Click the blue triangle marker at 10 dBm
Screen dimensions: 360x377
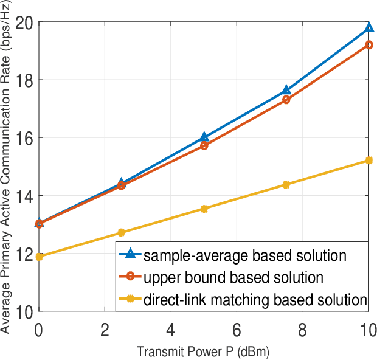click(x=369, y=27)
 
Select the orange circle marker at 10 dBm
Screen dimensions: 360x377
click(x=369, y=45)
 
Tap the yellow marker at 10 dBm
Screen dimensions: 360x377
click(x=369, y=161)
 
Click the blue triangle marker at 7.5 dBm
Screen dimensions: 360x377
click(x=286, y=91)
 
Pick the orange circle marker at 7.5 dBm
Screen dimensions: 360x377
click(x=286, y=99)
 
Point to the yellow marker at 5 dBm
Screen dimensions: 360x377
click(x=204, y=209)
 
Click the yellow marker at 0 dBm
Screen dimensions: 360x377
click(x=39, y=257)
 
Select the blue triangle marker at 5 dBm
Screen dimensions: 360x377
click(x=204, y=137)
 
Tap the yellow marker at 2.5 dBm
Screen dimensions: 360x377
click(x=121, y=232)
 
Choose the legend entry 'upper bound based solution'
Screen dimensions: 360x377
click(x=233, y=278)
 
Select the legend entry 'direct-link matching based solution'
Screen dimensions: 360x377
click(x=255, y=299)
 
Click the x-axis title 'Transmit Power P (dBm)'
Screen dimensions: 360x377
click(x=203, y=351)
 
